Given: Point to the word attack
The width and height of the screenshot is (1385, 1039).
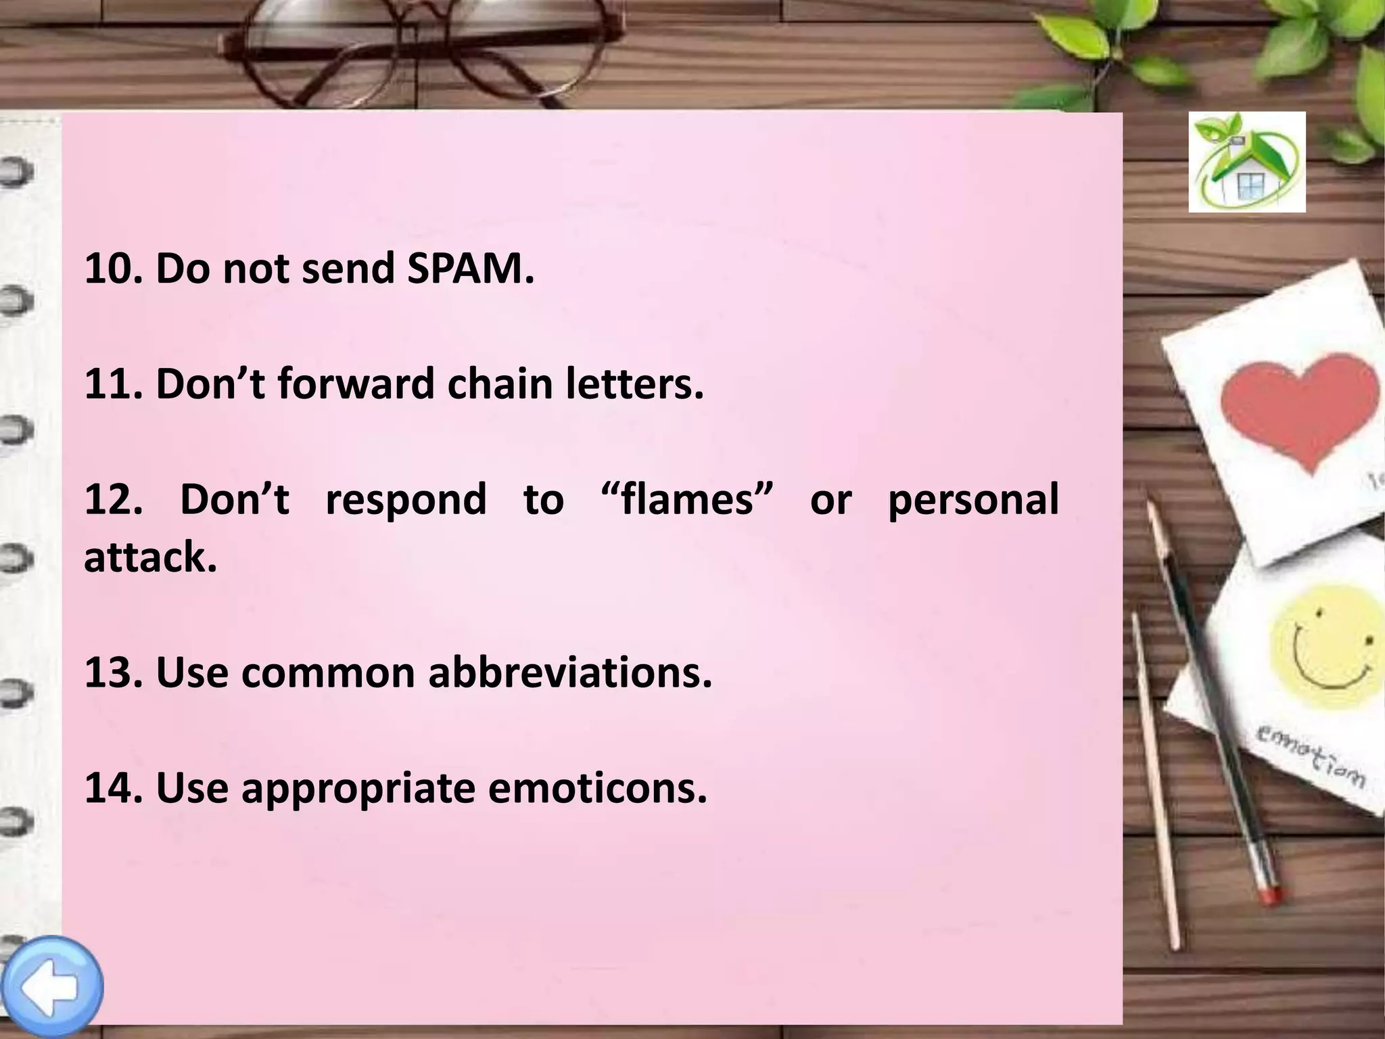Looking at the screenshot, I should pos(150,558).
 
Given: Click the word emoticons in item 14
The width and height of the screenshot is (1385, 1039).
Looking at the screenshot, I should pos(597,788).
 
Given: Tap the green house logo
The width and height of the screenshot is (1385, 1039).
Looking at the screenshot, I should pos(1247,162).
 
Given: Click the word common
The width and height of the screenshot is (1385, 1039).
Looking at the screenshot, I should pos(327,673).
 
